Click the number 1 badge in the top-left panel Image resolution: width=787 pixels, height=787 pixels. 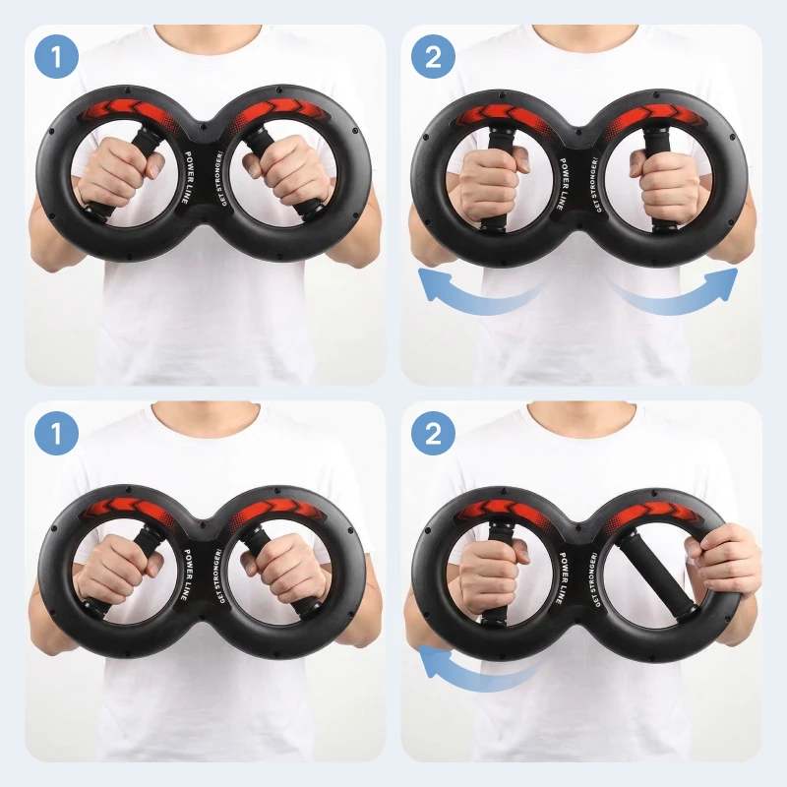[x=56, y=56]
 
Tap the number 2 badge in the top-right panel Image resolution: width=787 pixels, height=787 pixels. [x=433, y=56]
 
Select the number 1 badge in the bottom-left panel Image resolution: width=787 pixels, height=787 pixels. [x=56, y=433]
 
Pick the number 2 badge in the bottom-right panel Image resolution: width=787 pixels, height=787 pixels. [x=433, y=433]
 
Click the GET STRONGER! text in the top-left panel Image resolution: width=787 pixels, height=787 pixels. [x=222, y=178]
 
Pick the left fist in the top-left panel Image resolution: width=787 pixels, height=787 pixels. [x=118, y=176]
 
